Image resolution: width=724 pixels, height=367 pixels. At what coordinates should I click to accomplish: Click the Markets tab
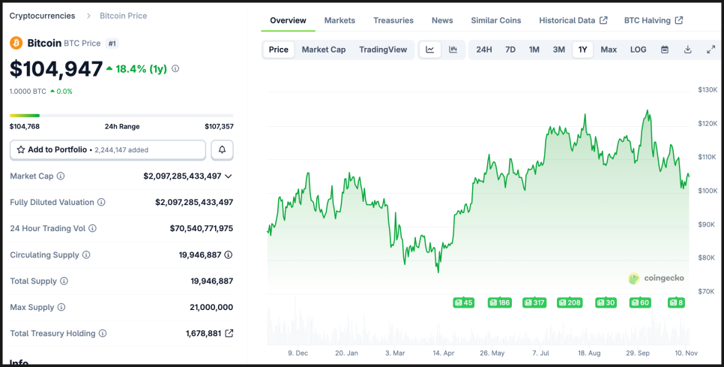[x=340, y=20]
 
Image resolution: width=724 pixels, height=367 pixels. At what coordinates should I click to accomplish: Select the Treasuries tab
[x=393, y=20]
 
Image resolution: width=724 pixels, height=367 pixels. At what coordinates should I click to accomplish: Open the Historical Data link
[x=573, y=20]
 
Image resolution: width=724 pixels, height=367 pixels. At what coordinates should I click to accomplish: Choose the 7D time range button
[x=510, y=50]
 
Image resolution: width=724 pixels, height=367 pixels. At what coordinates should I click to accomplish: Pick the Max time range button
[x=609, y=50]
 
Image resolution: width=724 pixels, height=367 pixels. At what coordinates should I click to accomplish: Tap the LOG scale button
[x=638, y=50]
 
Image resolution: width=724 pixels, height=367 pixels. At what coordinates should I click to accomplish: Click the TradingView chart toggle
[x=383, y=50]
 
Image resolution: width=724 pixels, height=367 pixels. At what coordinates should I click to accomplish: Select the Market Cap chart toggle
[x=324, y=50]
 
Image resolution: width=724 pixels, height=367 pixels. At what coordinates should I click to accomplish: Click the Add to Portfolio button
[x=108, y=150]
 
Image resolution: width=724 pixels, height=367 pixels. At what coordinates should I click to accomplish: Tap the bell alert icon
[x=222, y=150]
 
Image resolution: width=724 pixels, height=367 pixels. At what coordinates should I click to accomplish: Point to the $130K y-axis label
[x=707, y=89]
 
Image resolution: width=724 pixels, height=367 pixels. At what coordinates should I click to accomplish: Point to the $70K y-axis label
[x=707, y=290]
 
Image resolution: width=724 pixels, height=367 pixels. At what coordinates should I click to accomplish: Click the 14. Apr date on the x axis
[x=444, y=352]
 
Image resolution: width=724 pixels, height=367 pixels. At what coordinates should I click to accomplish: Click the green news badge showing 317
[x=534, y=302]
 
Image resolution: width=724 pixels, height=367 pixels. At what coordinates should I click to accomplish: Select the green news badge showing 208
[x=570, y=302]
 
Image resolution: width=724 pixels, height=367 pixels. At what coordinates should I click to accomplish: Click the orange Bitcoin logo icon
[x=16, y=44]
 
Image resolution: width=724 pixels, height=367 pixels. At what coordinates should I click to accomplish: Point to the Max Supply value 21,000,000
[x=211, y=307]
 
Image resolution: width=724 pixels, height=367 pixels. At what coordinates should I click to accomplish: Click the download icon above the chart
[x=687, y=50]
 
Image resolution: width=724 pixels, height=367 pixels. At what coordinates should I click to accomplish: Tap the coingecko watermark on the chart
[x=656, y=278]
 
